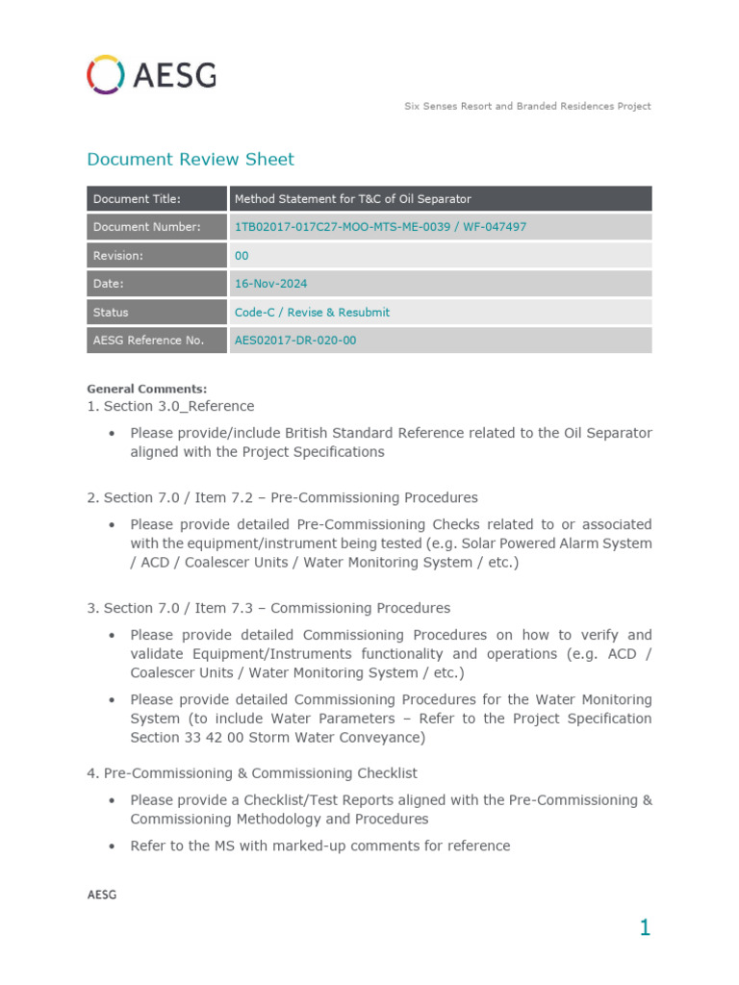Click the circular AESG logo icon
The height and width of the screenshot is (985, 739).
(103, 74)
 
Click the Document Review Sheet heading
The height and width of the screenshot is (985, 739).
(191, 160)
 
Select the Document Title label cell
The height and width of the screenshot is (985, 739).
(158, 199)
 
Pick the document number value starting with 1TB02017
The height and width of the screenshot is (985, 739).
(380, 227)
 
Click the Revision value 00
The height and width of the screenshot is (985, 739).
(242, 256)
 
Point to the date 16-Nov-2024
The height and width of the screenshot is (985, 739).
(270, 284)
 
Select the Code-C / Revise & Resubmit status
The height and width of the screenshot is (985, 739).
(312, 313)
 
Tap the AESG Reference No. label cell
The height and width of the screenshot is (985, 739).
(158, 341)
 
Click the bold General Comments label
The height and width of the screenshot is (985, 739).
(146, 389)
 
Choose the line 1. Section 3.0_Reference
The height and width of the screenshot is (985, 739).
(170, 406)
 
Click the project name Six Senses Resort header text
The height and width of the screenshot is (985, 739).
(527, 106)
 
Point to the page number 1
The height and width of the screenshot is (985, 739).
(645, 928)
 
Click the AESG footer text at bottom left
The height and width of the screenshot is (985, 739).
(101, 895)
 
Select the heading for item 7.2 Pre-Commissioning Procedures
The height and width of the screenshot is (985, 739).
(282, 497)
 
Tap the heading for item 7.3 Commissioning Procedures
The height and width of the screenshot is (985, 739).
(268, 608)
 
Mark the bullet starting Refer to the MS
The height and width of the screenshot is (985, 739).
(319, 846)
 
